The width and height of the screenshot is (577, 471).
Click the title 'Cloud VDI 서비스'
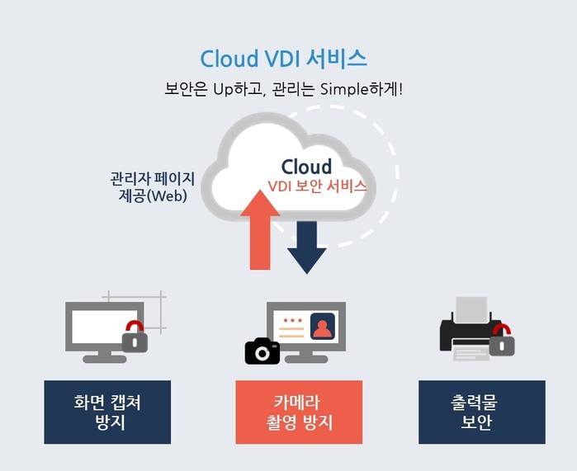click(x=283, y=59)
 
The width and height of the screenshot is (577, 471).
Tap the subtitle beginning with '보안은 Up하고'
click(x=283, y=89)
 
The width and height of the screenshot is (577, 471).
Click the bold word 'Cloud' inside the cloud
click(x=306, y=167)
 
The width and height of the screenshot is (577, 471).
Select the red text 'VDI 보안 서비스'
click(x=317, y=186)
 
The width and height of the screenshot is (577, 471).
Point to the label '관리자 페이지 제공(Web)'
click(x=153, y=187)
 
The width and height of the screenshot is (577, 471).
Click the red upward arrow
click(x=260, y=230)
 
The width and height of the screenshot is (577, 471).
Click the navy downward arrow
click(x=306, y=247)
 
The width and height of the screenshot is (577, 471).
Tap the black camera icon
click(x=262, y=351)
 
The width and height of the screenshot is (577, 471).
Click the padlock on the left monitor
click(x=135, y=337)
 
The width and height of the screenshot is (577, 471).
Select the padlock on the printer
click(x=502, y=340)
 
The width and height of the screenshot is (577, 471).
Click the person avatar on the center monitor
click(x=323, y=327)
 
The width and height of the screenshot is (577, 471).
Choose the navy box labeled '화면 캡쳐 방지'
click(x=107, y=412)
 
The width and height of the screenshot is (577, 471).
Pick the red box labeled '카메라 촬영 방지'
click(x=299, y=412)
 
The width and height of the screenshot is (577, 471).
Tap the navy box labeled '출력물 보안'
click(x=482, y=412)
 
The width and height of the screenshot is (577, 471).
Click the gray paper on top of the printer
click(x=471, y=309)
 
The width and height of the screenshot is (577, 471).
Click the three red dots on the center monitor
click(x=293, y=320)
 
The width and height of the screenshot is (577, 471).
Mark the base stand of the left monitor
click(x=105, y=357)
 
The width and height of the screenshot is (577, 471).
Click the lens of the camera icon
click(x=262, y=353)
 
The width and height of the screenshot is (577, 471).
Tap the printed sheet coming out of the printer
click(x=471, y=354)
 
